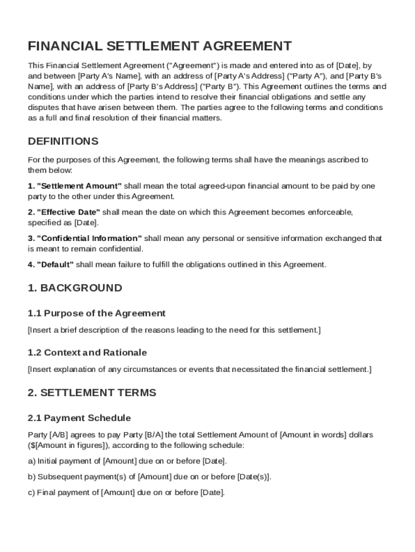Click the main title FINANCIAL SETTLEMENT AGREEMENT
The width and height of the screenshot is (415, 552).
160,46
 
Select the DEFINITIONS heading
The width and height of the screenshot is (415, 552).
63,141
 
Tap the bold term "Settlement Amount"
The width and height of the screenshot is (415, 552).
79,186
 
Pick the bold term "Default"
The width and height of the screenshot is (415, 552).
55,265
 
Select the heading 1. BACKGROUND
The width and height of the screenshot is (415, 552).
75,288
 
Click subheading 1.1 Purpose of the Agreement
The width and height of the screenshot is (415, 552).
96,313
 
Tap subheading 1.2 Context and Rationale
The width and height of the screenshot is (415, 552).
87,353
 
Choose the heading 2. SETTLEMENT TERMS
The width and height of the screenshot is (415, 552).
92,392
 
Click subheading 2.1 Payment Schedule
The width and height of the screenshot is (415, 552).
79,418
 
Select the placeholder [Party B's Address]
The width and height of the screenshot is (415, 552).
162,86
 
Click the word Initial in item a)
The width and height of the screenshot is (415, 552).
47,461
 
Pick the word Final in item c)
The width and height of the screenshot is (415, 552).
46,493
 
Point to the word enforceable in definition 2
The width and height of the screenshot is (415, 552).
330,212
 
